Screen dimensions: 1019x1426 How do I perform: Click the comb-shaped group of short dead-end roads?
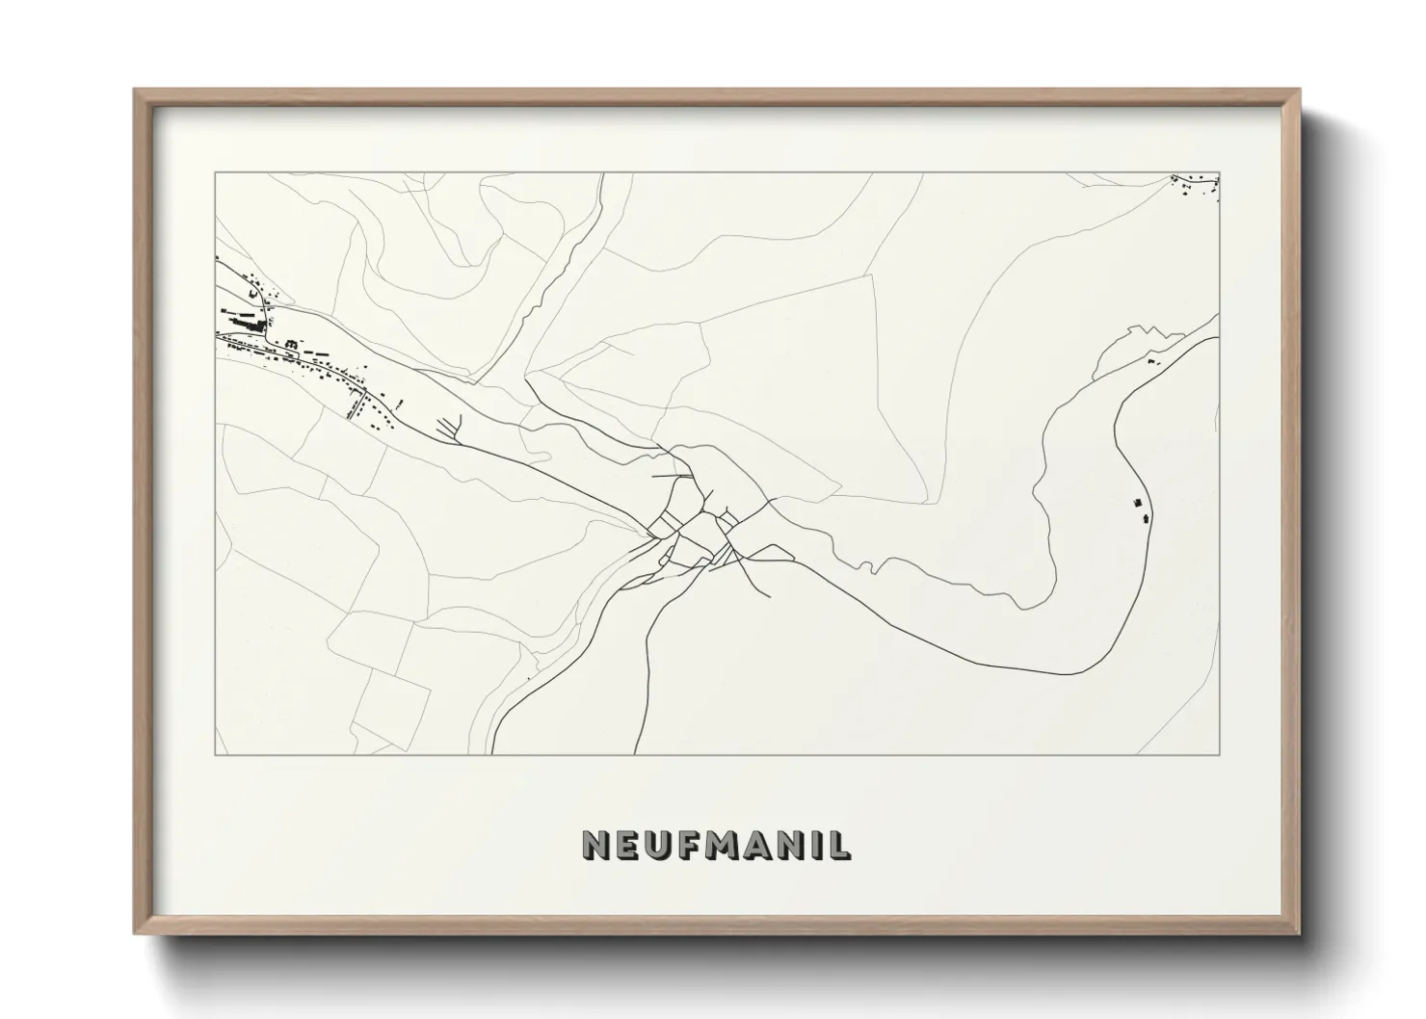451,427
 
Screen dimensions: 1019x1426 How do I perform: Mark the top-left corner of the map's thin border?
215,173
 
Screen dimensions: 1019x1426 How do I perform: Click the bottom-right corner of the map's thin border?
1220,754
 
